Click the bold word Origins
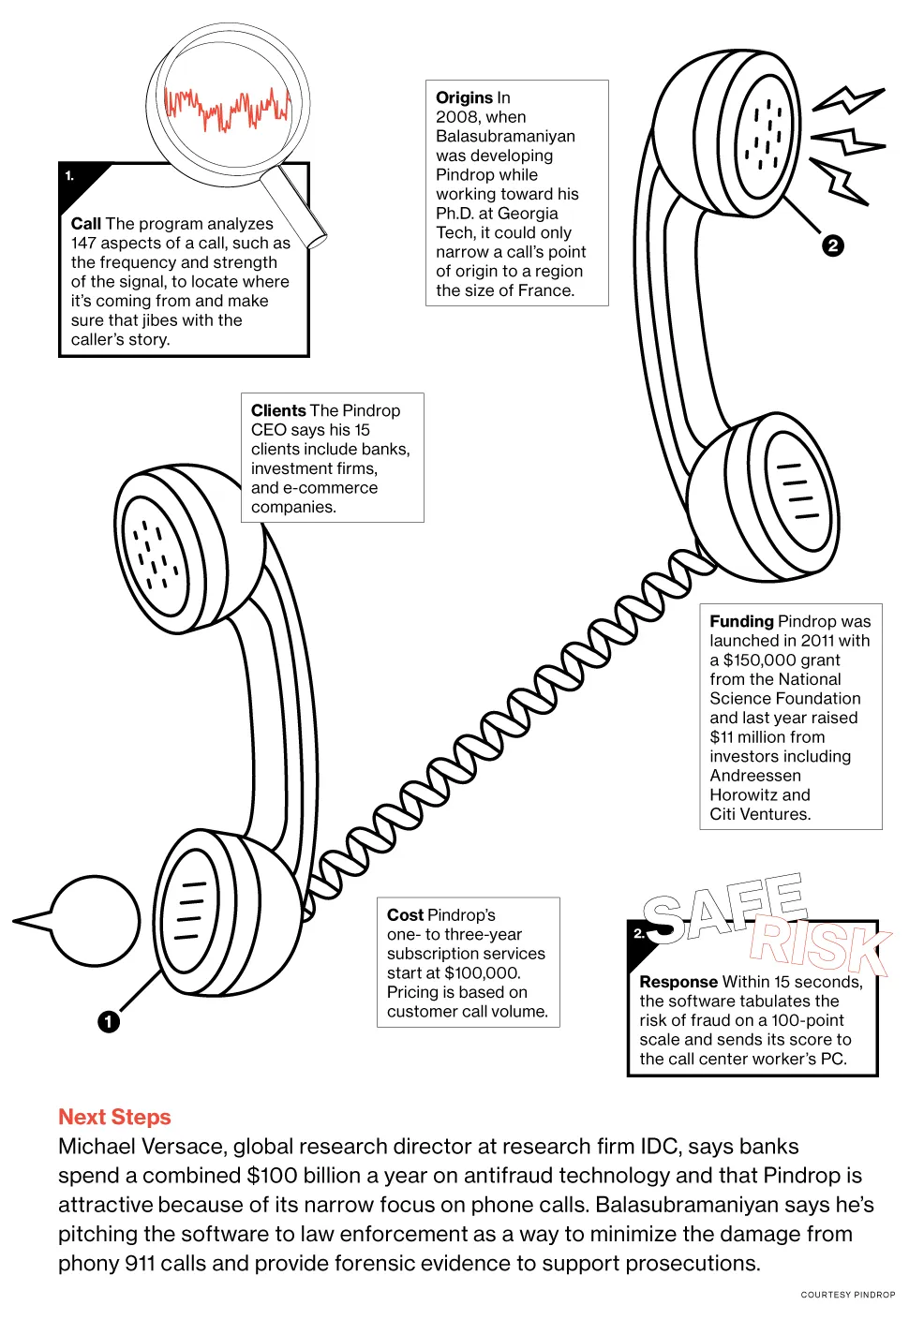[464, 97]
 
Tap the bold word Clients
[278, 410]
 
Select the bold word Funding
[741, 621]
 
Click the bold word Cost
[405, 915]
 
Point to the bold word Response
[678, 982]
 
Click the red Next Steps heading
[114, 1117]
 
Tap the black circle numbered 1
[109, 1021]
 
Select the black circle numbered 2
[832, 245]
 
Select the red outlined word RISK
[819, 945]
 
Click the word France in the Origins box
[544, 290]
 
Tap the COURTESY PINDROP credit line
[847, 1295]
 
